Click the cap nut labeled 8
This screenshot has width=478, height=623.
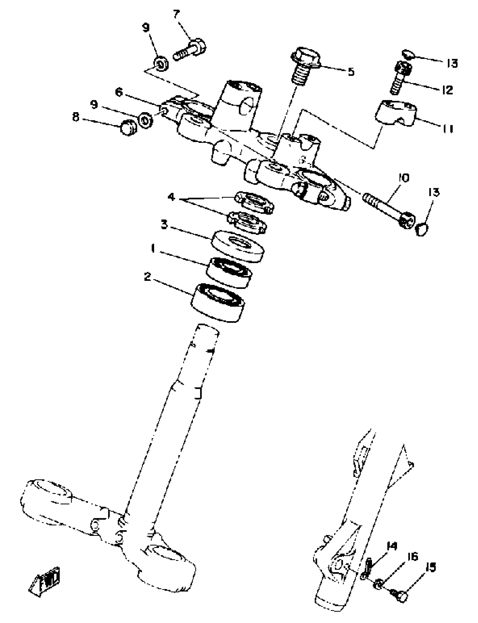128,128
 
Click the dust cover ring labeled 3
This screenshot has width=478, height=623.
238,246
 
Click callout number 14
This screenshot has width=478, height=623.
392,546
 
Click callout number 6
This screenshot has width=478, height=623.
119,92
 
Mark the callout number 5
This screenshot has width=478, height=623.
351,72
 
